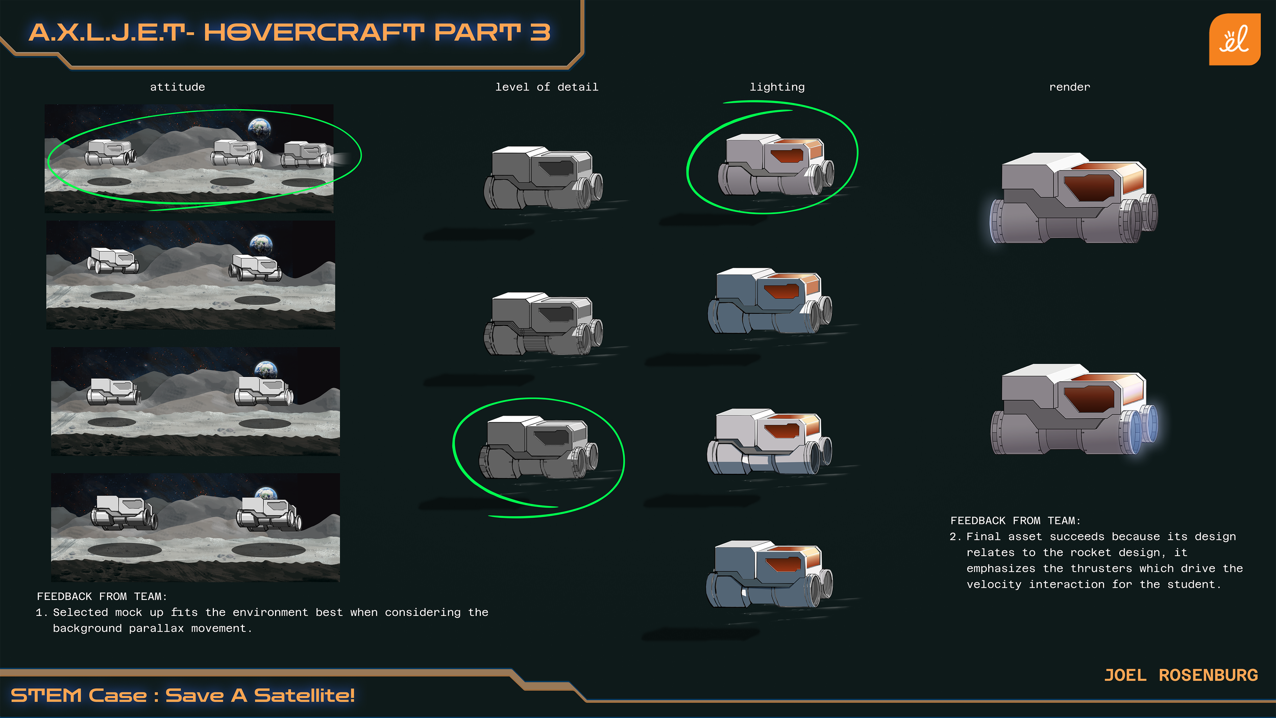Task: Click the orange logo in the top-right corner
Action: click(x=1234, y=39)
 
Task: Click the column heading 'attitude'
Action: click(x=177, y=87)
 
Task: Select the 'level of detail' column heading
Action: click(x=547, y=87)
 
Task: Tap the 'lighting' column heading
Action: click(x=777, y=87)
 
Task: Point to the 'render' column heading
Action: click(x=1069, y=87)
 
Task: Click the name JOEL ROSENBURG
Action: click(x=1181, y=675)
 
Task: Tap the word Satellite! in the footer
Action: click(x=304, y=696)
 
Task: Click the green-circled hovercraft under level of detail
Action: click(x=538, y=447)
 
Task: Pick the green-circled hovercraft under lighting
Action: click(x=776, y=164)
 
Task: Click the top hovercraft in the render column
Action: click(x=1074, y=198)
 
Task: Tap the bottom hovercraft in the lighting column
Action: click(x=770, y=574)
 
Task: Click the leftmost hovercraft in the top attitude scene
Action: click(x=110, y=153)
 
